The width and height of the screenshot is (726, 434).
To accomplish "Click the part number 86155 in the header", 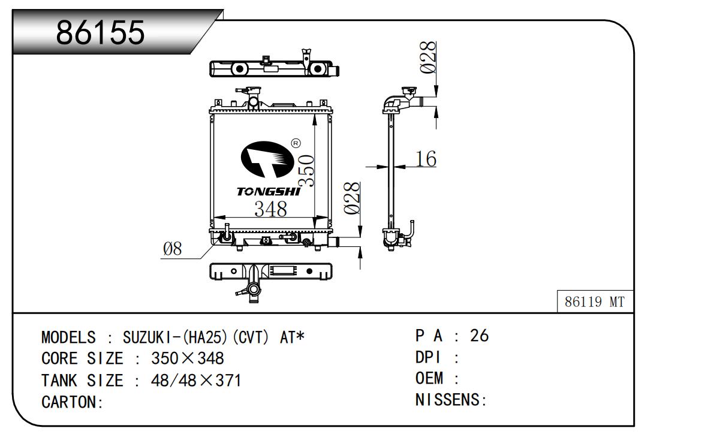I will click(x=101, y=32).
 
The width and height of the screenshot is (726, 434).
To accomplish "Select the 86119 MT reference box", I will click(x=595, y=302).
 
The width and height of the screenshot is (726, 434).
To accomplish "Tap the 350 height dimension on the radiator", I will click(x=306, y=170).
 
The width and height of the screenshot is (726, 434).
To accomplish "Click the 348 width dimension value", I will click(x=270, y=209).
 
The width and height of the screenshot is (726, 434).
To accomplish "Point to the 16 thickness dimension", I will click(x=426, y=159).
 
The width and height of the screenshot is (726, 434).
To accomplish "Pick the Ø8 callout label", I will click(x=172, y=249).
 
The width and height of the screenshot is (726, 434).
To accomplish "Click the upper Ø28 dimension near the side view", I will click(x=428, y=58).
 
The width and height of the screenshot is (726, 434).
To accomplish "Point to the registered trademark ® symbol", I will click(x=295, y=143).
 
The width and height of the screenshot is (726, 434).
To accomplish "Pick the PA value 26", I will click(x=479, y=336).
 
